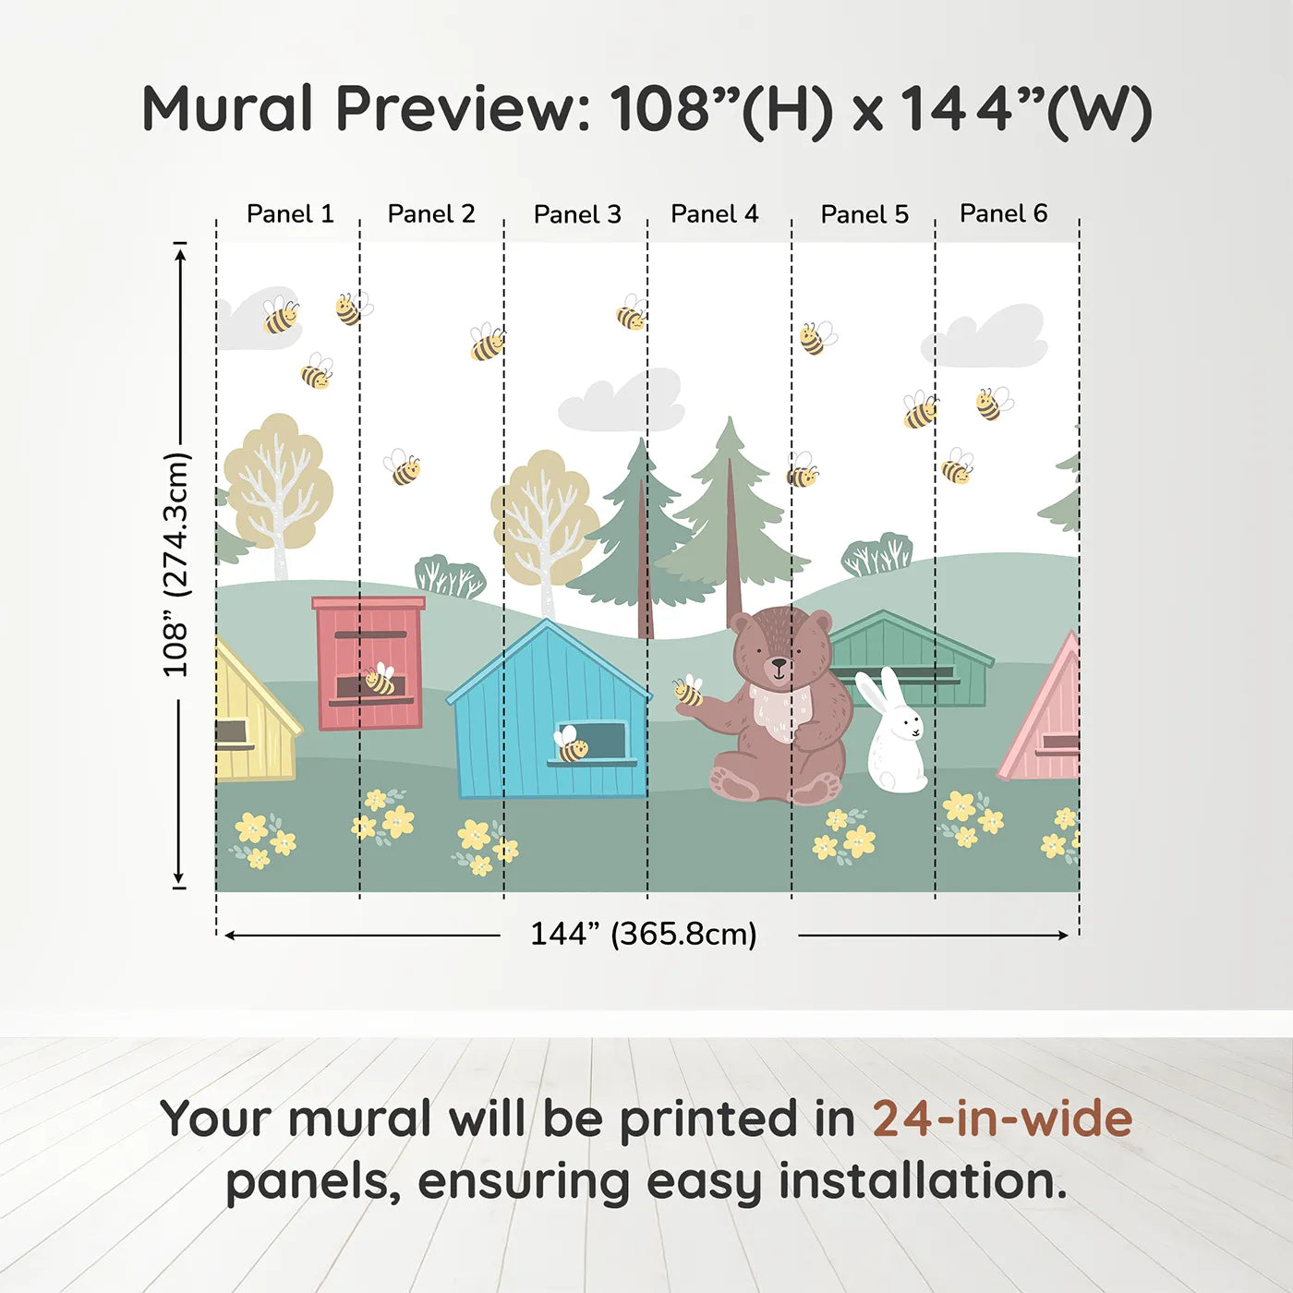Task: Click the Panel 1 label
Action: click(x=290, y=214)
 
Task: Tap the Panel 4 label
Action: click(x=714, y=214)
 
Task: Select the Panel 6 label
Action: click(x=1003, y=213)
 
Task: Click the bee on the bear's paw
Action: click(x=688, y=691)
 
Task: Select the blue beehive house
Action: click(x=550, y=716)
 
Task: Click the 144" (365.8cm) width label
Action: click(x=643, y=935)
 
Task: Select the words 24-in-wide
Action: click(x=1002, y=1118)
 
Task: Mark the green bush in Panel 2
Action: click(x=449, y=578)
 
